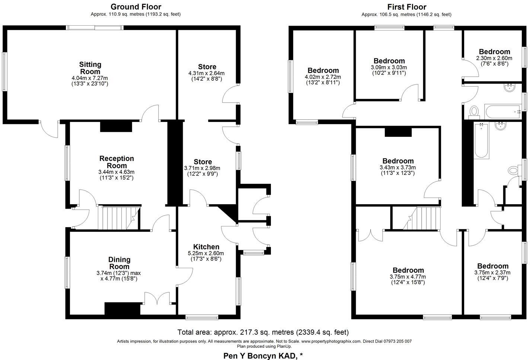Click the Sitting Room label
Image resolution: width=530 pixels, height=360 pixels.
coord(90,68)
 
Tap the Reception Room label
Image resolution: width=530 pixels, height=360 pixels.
coord(116,162)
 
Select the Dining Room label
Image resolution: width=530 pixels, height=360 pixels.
coord(119,263)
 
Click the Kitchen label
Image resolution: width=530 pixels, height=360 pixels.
coord(206,247)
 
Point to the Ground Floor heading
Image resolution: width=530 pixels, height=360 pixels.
coord(136,7)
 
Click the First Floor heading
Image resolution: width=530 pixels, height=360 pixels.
coord(406,7)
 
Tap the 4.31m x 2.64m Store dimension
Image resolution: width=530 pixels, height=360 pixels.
coord(207,73)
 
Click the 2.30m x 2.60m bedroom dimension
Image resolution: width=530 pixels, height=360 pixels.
coord(494,58)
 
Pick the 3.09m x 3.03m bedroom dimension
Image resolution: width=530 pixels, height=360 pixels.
coord(389,67)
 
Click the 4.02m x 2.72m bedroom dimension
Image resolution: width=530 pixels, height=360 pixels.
coord(323,77)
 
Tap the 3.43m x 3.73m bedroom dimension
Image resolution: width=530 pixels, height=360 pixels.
coord(398,167)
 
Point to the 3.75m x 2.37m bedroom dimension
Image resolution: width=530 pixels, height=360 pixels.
coord(492,273)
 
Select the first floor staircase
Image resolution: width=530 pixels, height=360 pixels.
coord(422,218)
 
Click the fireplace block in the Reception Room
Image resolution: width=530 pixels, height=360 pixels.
coord(116,127)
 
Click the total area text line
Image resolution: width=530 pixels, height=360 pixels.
coord(263,332)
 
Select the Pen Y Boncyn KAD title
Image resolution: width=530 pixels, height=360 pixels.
coord(263,356)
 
